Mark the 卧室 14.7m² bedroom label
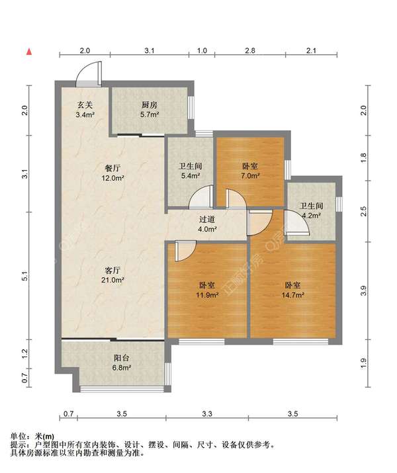[x=294, y=290]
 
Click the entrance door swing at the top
[x=89, y=73]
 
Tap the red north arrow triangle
[x=29, y=51]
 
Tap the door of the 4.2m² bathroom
[x=296, y=224]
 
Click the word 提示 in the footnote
[x=20, y=445]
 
